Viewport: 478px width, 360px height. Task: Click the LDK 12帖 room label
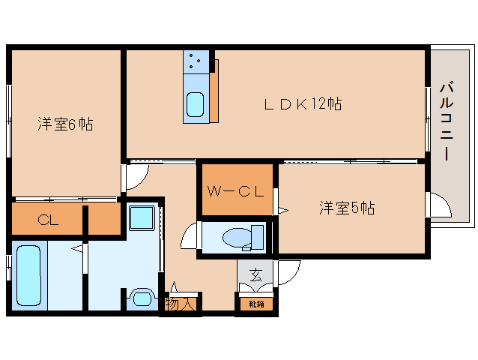point(303,104)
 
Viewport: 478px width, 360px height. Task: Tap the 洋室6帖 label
point(65,124)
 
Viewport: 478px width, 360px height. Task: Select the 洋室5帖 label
point(347,208)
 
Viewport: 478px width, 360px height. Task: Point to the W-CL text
point(235,191)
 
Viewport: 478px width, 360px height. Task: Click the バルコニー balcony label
point(447,121)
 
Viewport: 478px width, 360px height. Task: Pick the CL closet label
point(48,220)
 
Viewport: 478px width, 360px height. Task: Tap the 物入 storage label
point(180,304)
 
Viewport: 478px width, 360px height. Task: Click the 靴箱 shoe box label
point(256,304)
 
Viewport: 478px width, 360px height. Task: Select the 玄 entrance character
point(255,274)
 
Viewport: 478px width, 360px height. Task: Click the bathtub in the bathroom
point(29,276)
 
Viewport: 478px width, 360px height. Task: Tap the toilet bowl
point(238,238)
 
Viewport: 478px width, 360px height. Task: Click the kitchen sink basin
point(195,104)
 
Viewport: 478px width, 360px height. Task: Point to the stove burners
point(195,61)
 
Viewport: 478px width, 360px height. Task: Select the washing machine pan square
point(142,217)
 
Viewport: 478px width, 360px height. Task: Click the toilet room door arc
point(185,231)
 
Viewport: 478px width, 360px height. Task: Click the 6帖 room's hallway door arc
point(144,181)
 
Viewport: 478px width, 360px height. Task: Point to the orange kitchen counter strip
point(214,91)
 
